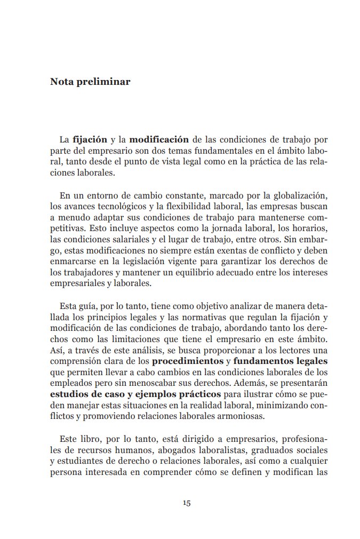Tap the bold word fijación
pos(90,140)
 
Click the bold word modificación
pos(159,140)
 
